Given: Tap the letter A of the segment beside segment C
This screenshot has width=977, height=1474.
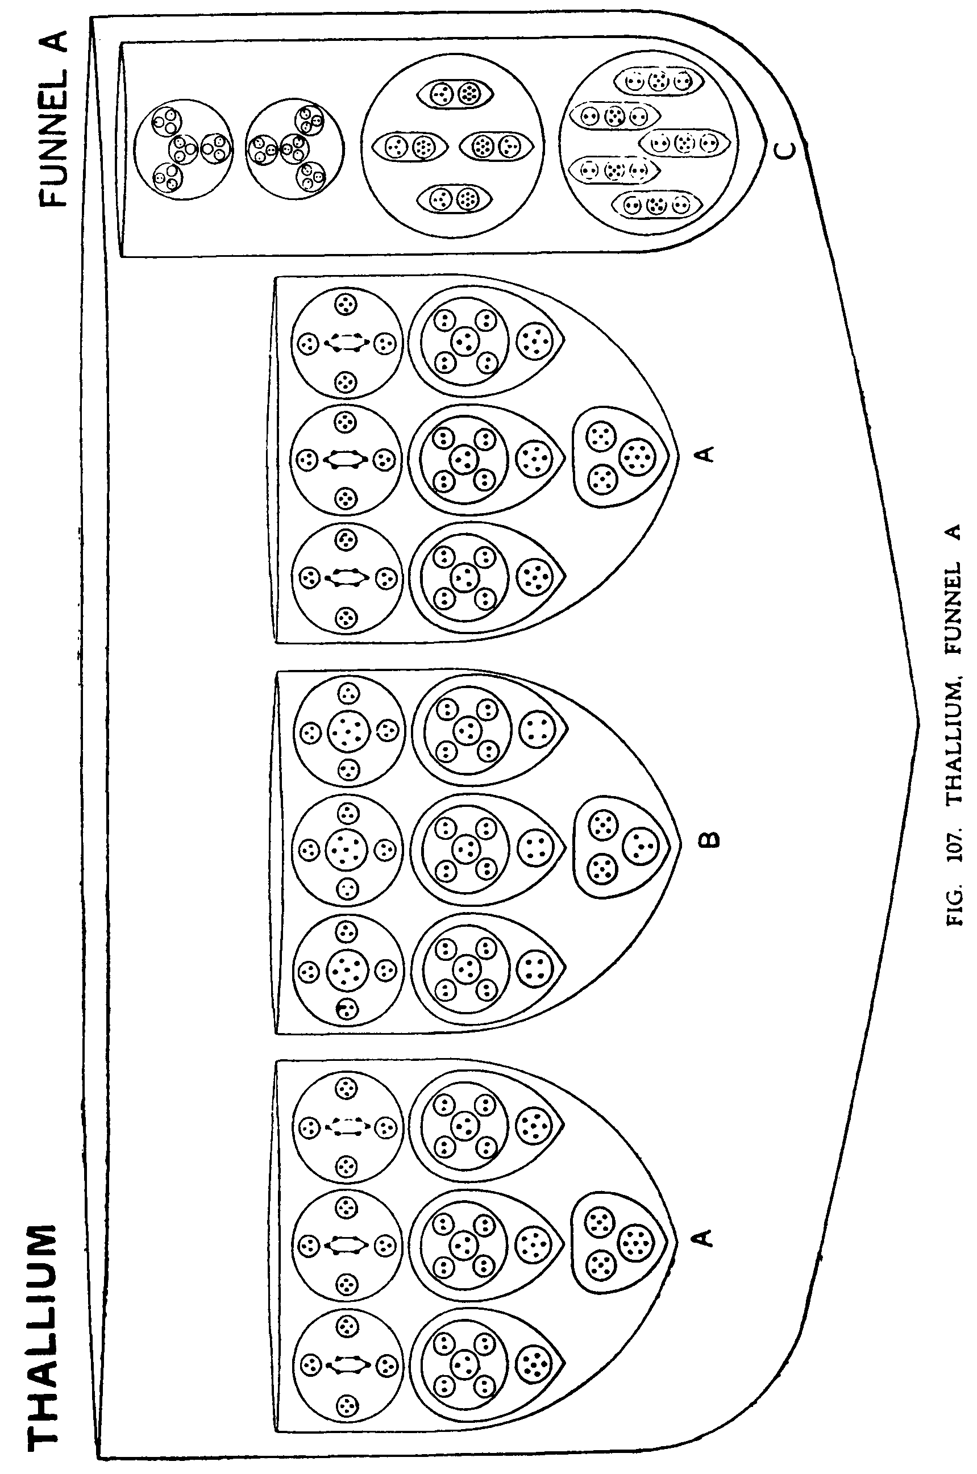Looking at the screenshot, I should coord(705,454).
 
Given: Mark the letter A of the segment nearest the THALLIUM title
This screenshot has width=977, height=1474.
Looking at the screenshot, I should coord(703,1237).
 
